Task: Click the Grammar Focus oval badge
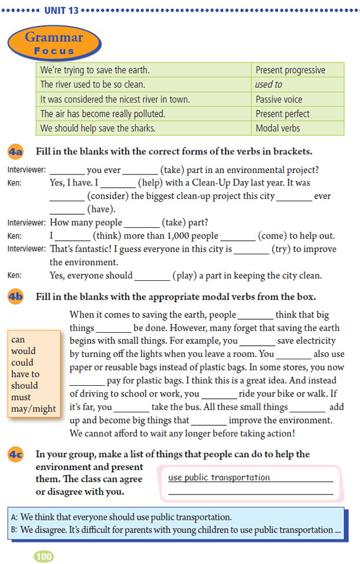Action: tap(54, 44)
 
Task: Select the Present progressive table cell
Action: tap(290, 70)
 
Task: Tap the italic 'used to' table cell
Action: tap(269, 84)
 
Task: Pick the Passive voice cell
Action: tap(279, 99)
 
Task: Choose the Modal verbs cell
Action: tap(277, 128)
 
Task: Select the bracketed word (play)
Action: tap(186, 276)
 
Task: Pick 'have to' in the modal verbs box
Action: tap(25, 374)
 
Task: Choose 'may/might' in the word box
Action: tap(34, 408)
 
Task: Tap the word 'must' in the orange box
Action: tap(21, 397)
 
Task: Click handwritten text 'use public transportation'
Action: tap(219, 477)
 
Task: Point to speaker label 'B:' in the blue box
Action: tap(15, 530)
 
